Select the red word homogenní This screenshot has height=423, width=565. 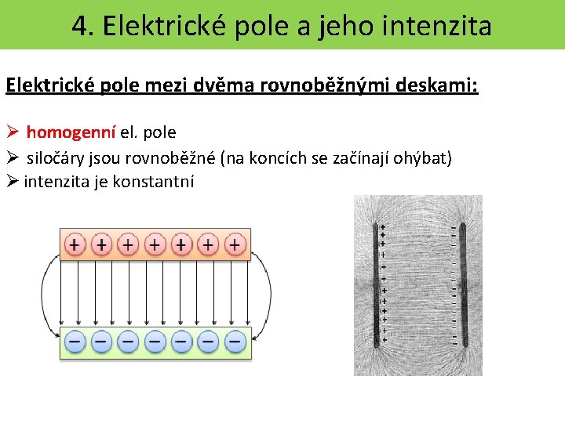[71, 132]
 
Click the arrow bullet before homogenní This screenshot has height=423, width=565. [12, 132]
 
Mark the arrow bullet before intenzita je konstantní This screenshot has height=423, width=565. [12, 182]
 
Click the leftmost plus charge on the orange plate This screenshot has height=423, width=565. [75, 244]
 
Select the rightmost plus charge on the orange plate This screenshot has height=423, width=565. [235, 244]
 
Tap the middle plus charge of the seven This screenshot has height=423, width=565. [155, 244]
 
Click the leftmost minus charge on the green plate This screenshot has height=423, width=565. [75, 342]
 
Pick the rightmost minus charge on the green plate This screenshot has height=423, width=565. [235, 342]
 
